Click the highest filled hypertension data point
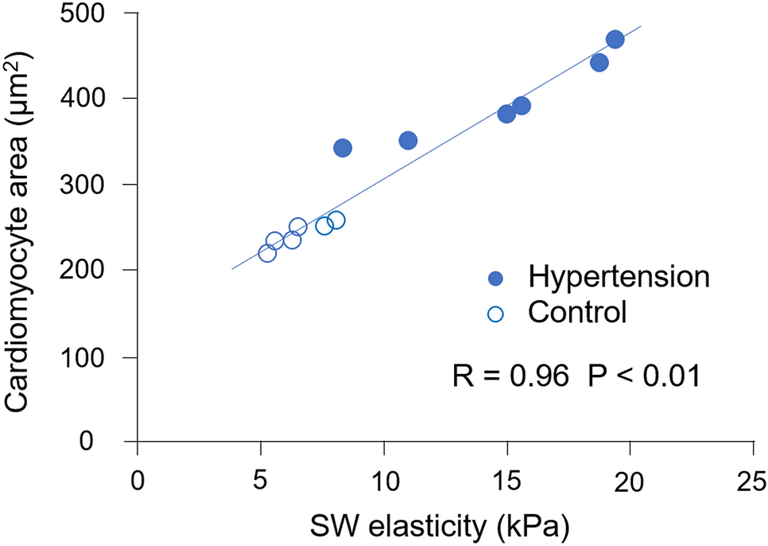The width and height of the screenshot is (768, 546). point(615,40)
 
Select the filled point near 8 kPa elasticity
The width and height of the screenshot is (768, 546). point(343,147)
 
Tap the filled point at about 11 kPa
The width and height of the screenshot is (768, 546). point(408,141)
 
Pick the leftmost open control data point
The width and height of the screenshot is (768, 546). point(267,253)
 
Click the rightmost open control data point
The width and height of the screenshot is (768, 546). point(336,220)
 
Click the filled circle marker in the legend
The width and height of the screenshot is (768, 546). point(496,279)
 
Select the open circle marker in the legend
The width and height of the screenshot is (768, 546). point(496,314)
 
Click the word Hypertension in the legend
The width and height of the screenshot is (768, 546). point(618,278)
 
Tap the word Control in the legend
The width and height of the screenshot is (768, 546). point(577,313)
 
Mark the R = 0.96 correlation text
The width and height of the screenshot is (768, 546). point(510,375)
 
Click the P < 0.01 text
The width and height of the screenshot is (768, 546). point(643,375)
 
